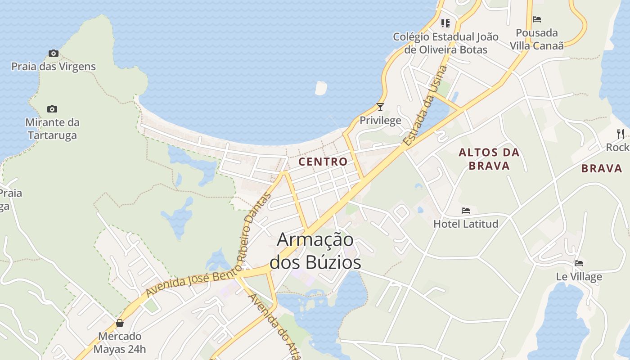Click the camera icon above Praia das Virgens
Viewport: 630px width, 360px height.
click(x=54, y=54)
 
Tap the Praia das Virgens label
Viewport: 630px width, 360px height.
click(x=54, y=67)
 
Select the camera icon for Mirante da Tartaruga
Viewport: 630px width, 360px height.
click(x=52, y=109)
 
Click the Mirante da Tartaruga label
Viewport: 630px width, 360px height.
click(x=52, y=129)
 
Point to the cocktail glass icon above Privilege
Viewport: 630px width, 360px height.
click(x=380, y=107)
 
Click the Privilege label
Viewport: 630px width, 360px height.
click(x=380, y=120)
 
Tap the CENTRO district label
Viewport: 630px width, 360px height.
click(x=323, y=162)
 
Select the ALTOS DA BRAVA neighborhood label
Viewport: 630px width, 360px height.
click(x=489, y=159)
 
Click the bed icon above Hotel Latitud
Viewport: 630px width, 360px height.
click(x=466, y=211)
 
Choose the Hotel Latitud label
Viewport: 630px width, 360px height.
click(x=466, y=224)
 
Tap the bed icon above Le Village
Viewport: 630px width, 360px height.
click(x=579, y=263)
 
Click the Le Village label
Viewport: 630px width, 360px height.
click(x=579, y=276)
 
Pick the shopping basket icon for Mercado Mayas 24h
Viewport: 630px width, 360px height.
click(x=120, y=323)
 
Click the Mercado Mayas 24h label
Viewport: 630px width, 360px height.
click(x=120, y=342)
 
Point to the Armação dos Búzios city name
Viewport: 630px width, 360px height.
click(x=315, y=251)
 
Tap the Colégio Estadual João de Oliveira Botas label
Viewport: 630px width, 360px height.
click(x=445, y=43)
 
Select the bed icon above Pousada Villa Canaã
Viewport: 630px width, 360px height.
click(x=537, y=19)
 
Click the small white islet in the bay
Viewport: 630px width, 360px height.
click(x=321, y=88)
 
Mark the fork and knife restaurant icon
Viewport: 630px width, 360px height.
click(x=621, y=134)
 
